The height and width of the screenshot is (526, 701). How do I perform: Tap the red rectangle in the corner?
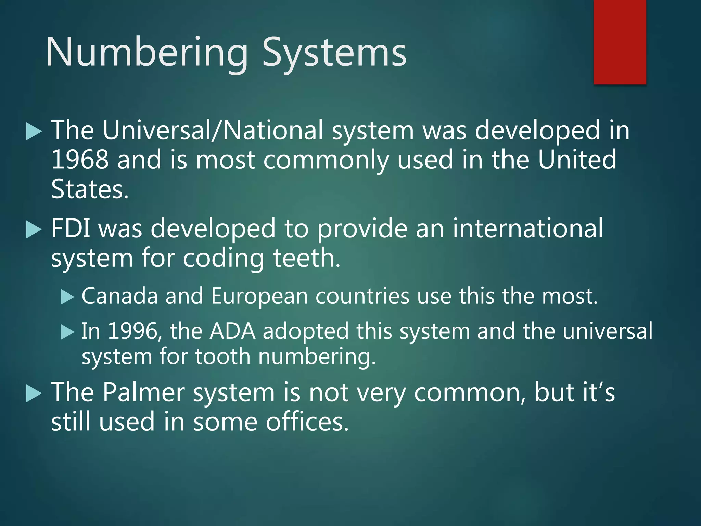pyautogui.click(x=620, y=42)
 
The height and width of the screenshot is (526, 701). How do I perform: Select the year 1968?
pyautogui.click(x=79, y=160)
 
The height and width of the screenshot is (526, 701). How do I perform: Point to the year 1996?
pyautogui.click(x=132, y=331)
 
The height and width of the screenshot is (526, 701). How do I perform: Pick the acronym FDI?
pyautogui.click(x=71, y=228)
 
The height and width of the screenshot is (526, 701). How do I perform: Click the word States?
pyautogui.click(x=90, y=189)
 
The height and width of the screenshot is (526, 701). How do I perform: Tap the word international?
pyautogui.click(x=527, y=228)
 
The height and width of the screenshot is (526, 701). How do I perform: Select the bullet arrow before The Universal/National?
pyautogui.click(x=33, y=132)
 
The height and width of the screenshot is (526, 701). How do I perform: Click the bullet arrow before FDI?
pyautogui.click(x=33, y=230)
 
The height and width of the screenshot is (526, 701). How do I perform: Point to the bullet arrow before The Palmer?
pyautogui.click(x=33, y=393)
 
